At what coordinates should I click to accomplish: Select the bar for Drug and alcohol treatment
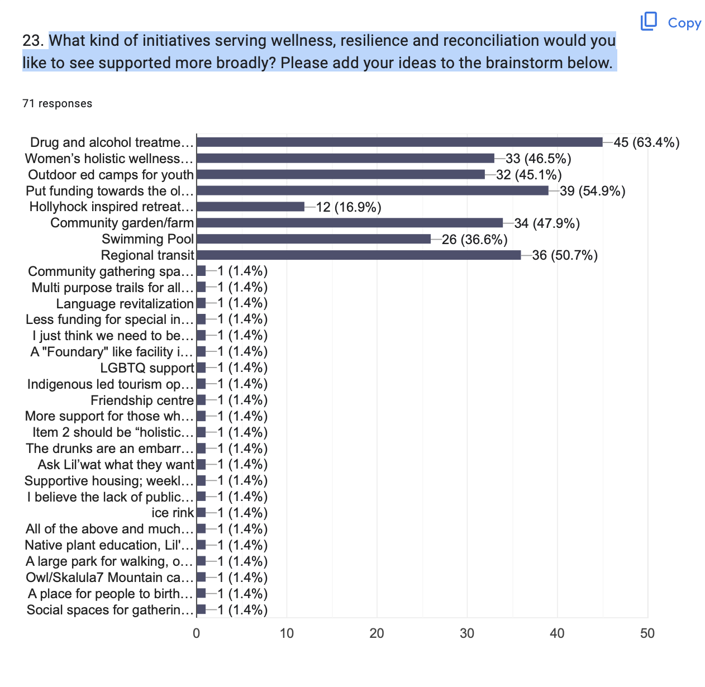pos(399,142)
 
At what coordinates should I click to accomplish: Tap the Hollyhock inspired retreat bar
pos(250,207)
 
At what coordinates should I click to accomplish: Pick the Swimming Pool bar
pos(313,240)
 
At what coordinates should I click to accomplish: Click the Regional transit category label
pos(147,256)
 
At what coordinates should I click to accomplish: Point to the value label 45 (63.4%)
pos(646,142)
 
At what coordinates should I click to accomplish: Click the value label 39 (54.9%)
pos(592,191)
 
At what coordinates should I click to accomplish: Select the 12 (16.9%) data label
pos(349,207)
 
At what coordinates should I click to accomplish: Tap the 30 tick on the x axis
pos(467,633)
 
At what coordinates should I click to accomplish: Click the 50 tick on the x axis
pos(647,633)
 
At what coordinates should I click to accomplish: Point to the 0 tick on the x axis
pos(197,633)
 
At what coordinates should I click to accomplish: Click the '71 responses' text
pos(57,103)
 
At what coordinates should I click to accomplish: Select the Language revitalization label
pos(125,304)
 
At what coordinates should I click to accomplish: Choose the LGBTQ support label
pos(147,368)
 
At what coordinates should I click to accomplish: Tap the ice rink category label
pos(173,513)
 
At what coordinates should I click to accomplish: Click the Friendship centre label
pos(142,400)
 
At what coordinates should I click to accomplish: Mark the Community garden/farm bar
pos(350,223)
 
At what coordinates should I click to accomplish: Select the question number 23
pos(32,41)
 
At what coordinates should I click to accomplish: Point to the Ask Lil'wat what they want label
pos(116,465)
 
